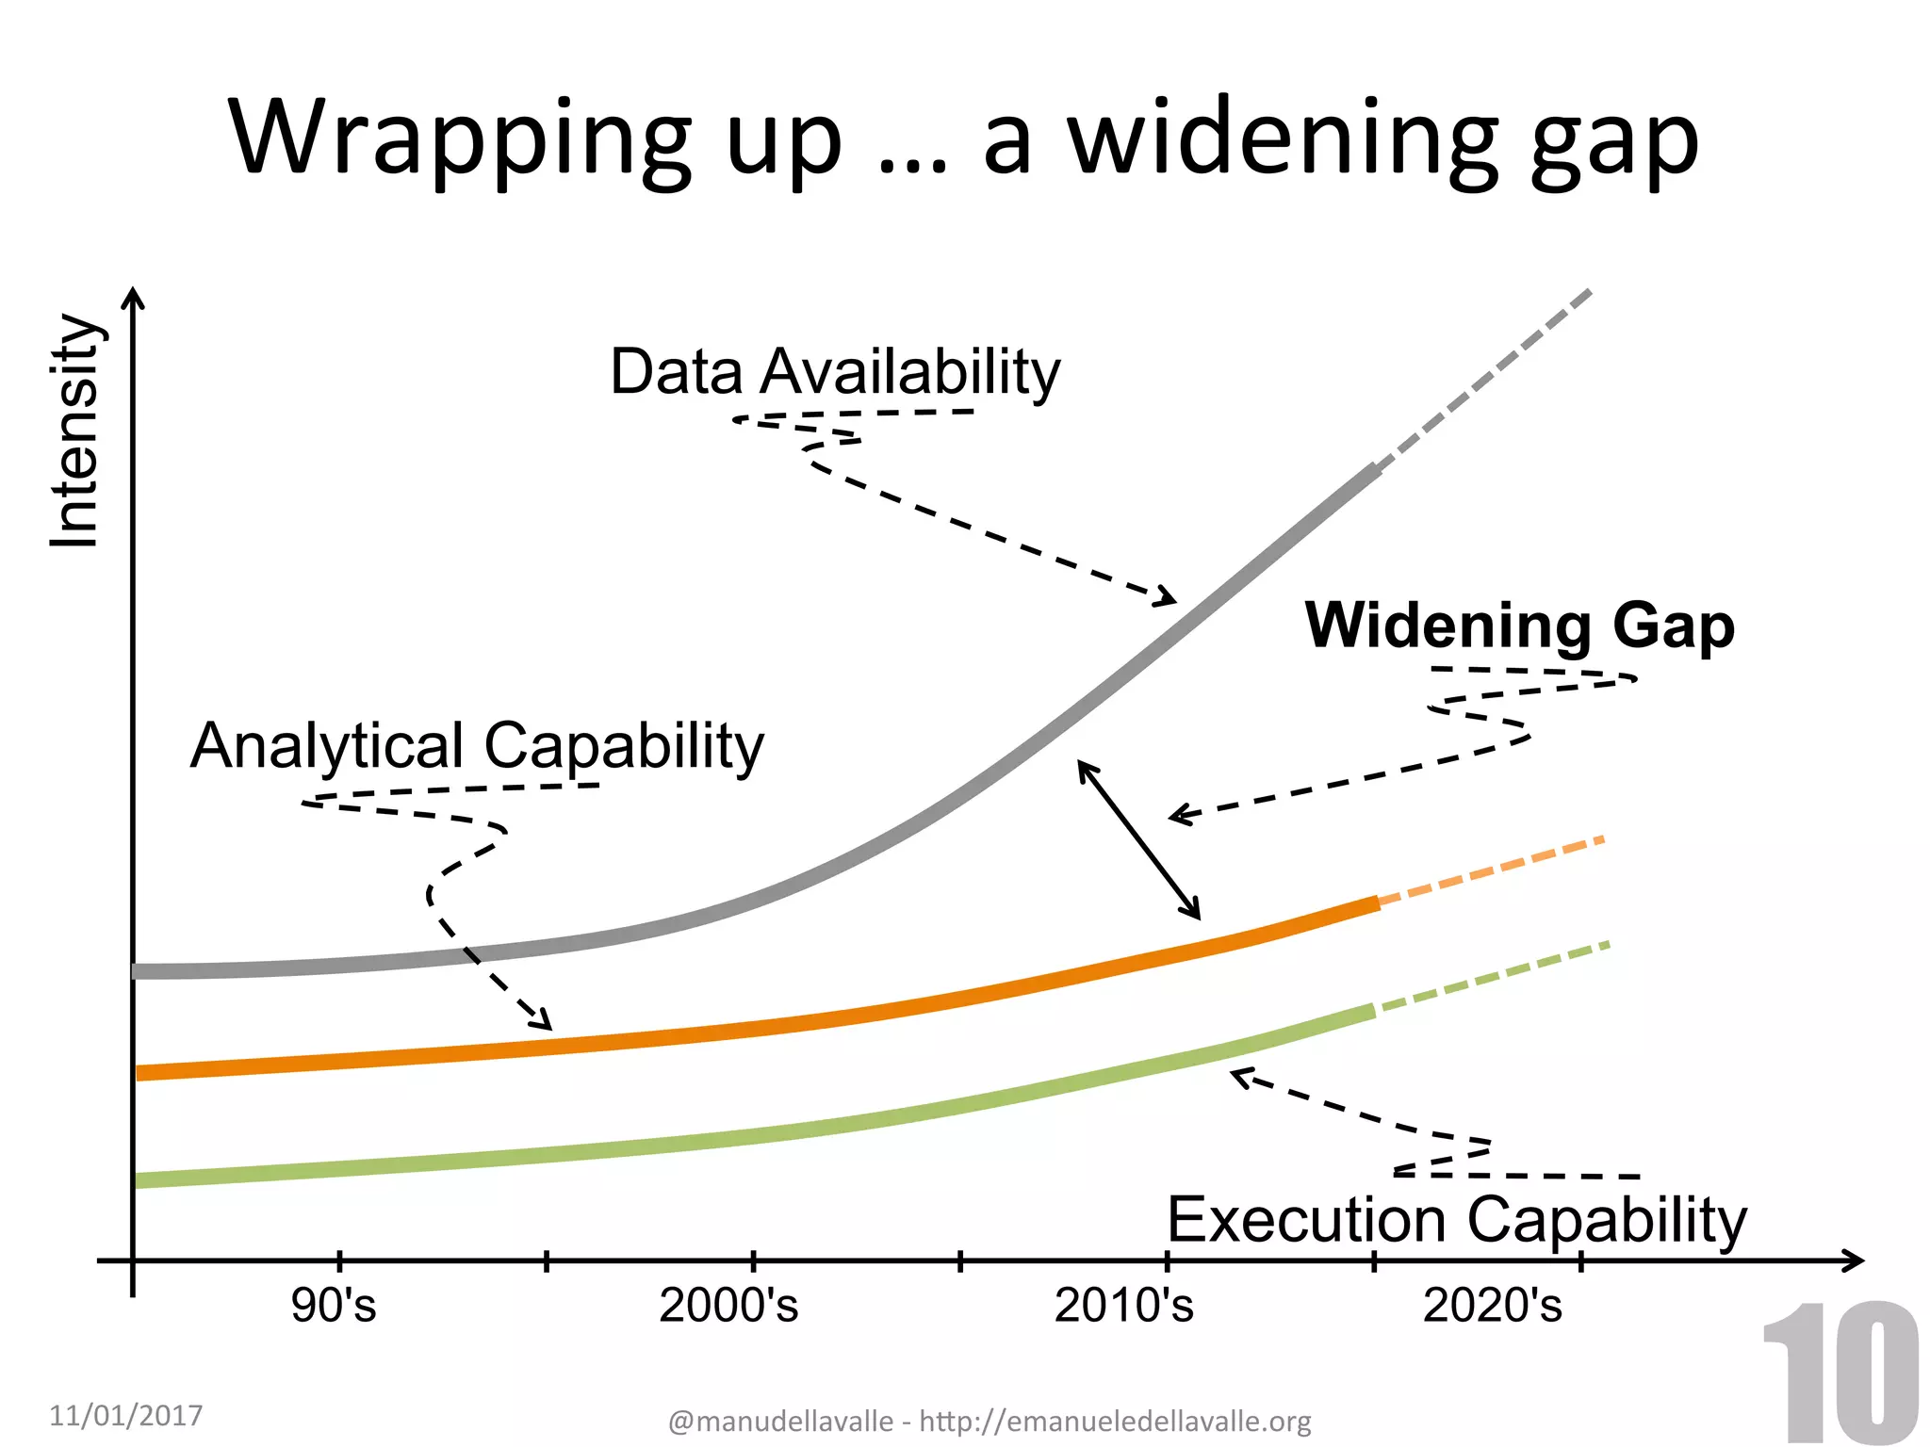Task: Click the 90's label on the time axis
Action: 334,1306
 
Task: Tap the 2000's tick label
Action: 728,1306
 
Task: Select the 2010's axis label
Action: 1123,1306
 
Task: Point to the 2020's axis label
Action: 1492,1306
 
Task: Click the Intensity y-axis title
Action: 75,431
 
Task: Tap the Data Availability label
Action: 835,371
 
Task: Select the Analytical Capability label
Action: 477,746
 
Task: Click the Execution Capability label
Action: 1457,1220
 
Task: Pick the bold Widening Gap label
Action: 1519,626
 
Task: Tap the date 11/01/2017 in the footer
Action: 126,1415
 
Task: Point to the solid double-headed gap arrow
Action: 1139,840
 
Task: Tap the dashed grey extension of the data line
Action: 1484,379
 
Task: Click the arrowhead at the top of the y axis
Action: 134,298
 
